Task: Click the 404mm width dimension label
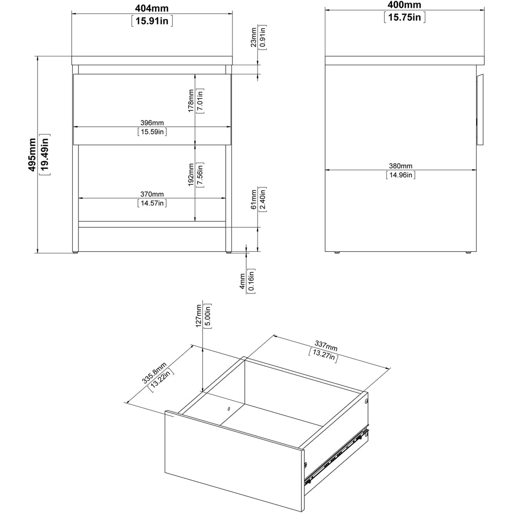[x=152, y=8]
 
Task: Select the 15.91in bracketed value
[x=152, y=21]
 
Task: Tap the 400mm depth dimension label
[x=405, y=5]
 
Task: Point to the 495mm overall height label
[x=32, y=154]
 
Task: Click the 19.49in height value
[x=45, y=154]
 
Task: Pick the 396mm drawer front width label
[x=152, y=123]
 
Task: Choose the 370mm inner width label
[x=152, y=194]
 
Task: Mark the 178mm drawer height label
[x=191, y=101]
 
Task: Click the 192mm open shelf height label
[x=191, y=175]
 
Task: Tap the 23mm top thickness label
[x=253, y=36]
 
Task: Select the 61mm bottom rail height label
[x=253, y=200]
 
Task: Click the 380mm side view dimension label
[x=400, y=166]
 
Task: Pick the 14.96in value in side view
[x=400, y=175]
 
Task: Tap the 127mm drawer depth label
[x=199, y=316]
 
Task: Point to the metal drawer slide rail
[x=337, y=456]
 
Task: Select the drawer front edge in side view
[x=481, y=109]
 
